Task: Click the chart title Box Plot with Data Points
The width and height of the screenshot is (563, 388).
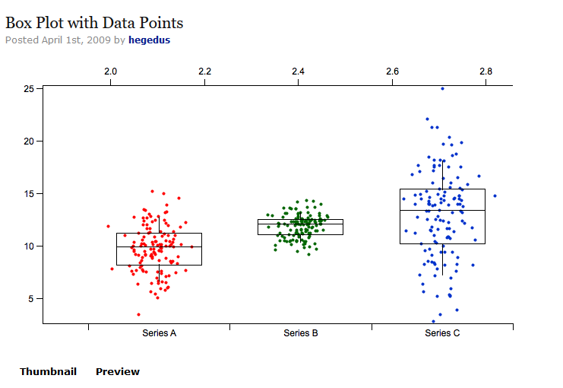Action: pos(94,23)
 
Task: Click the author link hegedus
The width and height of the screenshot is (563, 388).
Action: pos(149,40)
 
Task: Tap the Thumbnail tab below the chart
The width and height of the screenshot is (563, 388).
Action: pos(48,372)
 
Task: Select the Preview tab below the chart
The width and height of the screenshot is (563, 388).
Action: pos(118,372)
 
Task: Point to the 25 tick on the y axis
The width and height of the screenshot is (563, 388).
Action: pos(29,89)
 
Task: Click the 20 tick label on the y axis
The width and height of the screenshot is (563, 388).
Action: pos(29,142)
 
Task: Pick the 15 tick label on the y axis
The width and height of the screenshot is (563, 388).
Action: pos(29,194)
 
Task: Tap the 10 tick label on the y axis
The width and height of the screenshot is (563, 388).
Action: pos(29,246)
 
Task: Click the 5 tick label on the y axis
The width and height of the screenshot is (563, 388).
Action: pos(31,299)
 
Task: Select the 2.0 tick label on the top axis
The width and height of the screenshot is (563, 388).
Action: pos(111,72)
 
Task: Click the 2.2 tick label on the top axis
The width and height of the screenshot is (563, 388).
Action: pos(204,72)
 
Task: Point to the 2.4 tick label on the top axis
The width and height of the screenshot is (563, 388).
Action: pos(299,72)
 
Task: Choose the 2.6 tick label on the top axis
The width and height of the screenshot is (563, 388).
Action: pos(393,72)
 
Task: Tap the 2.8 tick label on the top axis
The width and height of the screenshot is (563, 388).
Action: pos(486,72)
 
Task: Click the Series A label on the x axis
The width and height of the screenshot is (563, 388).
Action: pos(160,333)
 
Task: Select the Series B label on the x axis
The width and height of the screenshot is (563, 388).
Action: pos(301,333)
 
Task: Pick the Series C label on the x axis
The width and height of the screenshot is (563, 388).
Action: pos(442,333)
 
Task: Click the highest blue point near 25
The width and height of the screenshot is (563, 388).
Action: pos(442,88)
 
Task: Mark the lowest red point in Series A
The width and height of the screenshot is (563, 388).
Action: pos(138,314)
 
